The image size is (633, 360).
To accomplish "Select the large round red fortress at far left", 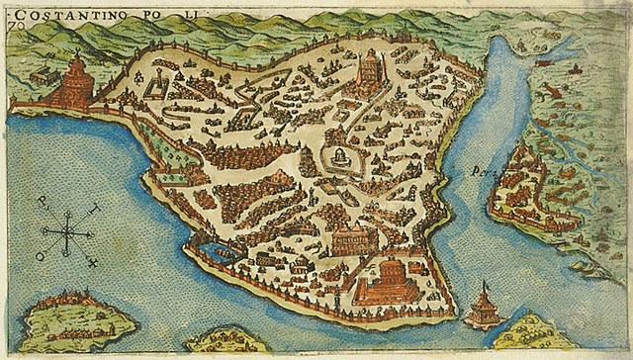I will click(x=72, y=85).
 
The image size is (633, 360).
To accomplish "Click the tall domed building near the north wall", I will click(x=367, y=69).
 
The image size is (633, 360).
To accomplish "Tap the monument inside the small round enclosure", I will click(x=339, y=158).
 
